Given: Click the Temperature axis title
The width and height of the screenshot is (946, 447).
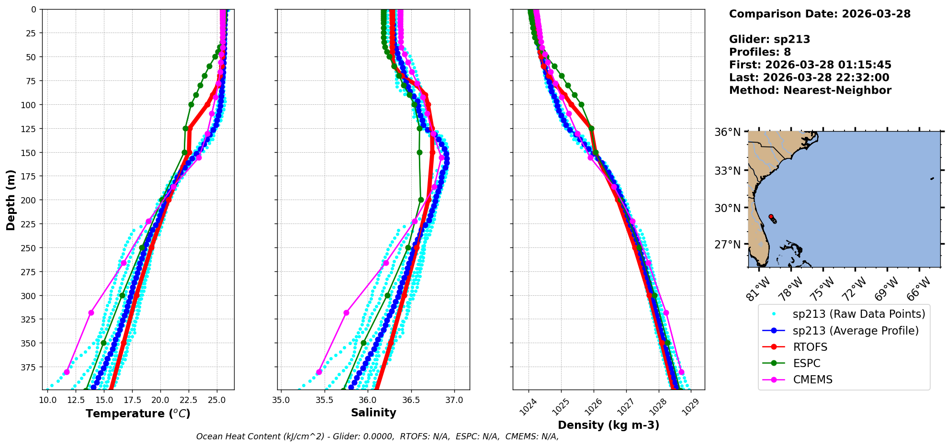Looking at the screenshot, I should [138, 413].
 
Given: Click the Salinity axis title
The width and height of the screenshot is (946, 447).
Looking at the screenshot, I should [373, 413].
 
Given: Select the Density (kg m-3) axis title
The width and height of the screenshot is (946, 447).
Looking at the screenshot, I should [608, 425].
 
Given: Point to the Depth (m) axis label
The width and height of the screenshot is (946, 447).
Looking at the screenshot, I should [11, 200].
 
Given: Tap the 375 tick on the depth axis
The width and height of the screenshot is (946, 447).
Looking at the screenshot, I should [29, 367].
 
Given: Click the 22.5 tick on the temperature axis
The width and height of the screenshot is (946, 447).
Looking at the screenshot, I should [188, 400].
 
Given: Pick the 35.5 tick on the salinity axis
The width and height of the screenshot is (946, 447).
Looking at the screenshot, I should [324, 400].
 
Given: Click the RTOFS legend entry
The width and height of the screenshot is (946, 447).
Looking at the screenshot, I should [810, 347].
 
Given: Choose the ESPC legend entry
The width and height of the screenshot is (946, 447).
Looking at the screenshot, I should [807, 363].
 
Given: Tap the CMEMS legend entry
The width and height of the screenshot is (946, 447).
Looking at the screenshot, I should [812, 380].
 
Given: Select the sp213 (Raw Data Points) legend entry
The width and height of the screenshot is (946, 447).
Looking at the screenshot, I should [859, 314].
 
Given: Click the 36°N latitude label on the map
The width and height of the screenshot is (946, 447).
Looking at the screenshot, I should [727, 132].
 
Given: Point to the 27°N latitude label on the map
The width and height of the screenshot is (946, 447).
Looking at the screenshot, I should [727, 245].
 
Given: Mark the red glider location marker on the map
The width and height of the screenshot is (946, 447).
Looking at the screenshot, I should [771, 217].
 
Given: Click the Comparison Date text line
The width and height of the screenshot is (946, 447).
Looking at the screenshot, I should [820, 14].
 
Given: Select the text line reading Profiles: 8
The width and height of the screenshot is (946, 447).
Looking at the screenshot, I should [760, 52].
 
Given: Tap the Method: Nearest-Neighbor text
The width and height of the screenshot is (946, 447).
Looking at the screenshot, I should [810, 90].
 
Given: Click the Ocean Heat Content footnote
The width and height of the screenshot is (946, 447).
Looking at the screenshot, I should [377, 436].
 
